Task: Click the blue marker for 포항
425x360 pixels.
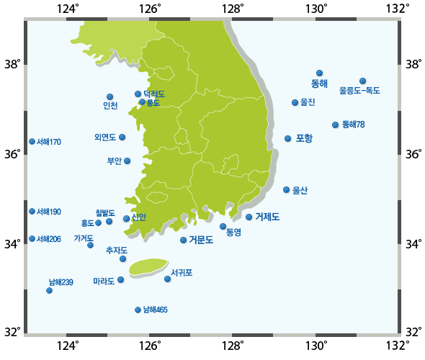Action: click(288, 138)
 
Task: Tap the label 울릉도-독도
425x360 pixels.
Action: click(359, 91)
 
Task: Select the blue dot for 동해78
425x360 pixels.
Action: click(336, 125)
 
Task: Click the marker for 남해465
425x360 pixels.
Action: click(138, 310)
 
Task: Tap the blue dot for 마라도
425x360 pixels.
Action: click(121, 279)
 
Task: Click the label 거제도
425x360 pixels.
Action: click(267, 217)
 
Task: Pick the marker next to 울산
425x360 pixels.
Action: click(287, 189)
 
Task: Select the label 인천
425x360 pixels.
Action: click(110, 107)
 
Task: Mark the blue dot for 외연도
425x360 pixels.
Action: click(122, 137)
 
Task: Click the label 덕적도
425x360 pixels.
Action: click(154, 94)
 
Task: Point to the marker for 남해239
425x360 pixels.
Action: click(49, 290)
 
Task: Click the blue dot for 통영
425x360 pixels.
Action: click(223, 226)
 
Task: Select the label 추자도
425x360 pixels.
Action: click(116, 250)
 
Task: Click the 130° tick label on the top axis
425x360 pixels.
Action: click(316, 10)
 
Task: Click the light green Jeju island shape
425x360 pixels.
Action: click(148, 266)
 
